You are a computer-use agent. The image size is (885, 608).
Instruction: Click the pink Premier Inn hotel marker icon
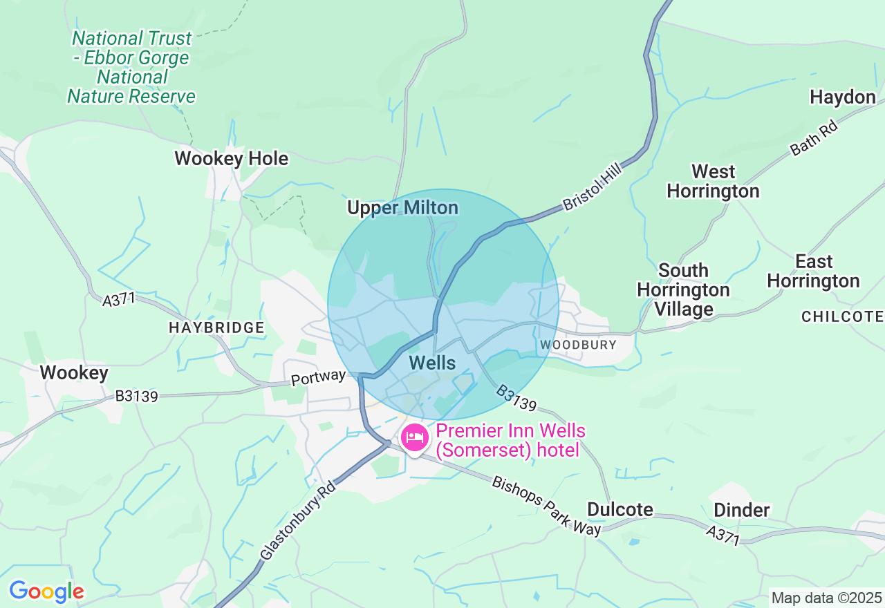(414, 438)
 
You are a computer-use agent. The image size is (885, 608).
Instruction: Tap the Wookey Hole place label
(231, 159)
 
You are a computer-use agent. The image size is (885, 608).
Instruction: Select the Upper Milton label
(402, 208)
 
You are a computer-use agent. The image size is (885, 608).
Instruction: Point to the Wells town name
(432, 363)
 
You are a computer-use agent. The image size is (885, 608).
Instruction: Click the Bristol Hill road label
(593, 187)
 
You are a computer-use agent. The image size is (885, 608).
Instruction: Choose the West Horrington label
(713, 181)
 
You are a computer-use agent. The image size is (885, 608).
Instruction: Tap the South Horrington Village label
(683, 289)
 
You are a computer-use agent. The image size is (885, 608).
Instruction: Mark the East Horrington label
(813, 272)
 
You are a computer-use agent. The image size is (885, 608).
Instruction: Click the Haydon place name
(842, 97)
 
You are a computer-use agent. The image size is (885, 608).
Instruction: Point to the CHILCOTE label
(842, 316)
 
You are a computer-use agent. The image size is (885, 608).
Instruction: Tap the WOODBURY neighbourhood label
(578, 344)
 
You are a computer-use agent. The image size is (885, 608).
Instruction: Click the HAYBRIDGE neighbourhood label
(216, 328)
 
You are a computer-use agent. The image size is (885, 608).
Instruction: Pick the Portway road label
(317, 377)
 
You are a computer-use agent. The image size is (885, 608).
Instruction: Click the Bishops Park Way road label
(546, 504)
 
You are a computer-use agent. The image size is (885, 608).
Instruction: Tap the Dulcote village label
(619, 510)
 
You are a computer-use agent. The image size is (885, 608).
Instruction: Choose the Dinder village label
(741, 511)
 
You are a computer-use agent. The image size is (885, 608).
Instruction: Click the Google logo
(46, 591)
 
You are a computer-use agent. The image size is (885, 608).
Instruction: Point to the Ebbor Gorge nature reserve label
(131, 67)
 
